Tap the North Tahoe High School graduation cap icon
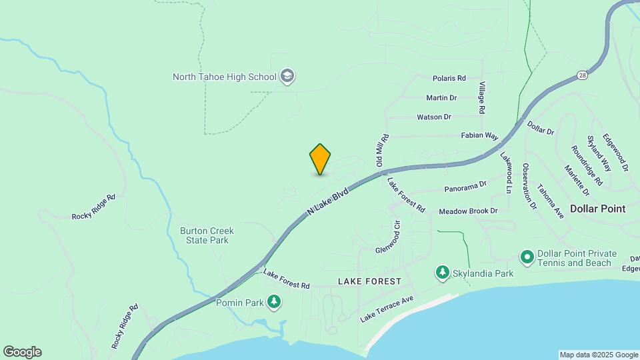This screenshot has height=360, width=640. click(x=288, y=76)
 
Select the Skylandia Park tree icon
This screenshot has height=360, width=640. click(x=442, y=272)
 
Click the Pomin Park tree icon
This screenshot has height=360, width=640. click(x=273, y=302)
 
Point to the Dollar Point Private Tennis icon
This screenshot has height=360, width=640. click(x=526, y=257)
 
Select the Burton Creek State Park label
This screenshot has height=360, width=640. click(x=207, y=235)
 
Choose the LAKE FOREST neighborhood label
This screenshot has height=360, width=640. click(x=369, y=281)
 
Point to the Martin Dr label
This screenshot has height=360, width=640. click(x=441, y=97)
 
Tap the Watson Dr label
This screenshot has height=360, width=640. click(x=434, y=117)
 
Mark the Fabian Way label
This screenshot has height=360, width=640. click(x=480, y=136)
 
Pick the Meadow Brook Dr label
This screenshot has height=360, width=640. click(x=468, y=211)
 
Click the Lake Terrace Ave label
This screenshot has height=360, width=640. click(x=387, y=309)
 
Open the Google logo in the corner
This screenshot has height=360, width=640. click(x=22, y=352)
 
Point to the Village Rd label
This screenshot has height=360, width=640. click(x=481, y=97)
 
